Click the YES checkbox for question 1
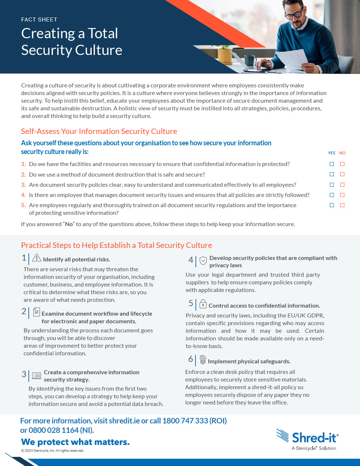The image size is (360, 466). point(332,164)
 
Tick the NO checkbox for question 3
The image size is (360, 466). point(342,185)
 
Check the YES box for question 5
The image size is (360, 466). point(332,205)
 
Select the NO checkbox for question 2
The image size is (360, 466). point(342,174)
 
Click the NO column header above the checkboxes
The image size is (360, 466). point(342,153)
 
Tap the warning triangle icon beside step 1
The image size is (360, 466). point(36,258)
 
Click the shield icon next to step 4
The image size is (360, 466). point(203,260)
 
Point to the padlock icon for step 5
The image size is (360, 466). point(203,304)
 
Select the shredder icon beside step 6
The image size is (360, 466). point(203,360)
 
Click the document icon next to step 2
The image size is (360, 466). point(36,312)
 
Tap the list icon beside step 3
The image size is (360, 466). point(36,375)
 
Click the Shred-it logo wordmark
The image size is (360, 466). point(315,437)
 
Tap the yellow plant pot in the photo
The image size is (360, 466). point(224,56)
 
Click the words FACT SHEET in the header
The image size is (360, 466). point(39,20)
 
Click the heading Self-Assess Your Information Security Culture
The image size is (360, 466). point(99,131)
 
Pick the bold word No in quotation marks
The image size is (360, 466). point(69,224)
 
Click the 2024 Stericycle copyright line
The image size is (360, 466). point(52,451)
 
